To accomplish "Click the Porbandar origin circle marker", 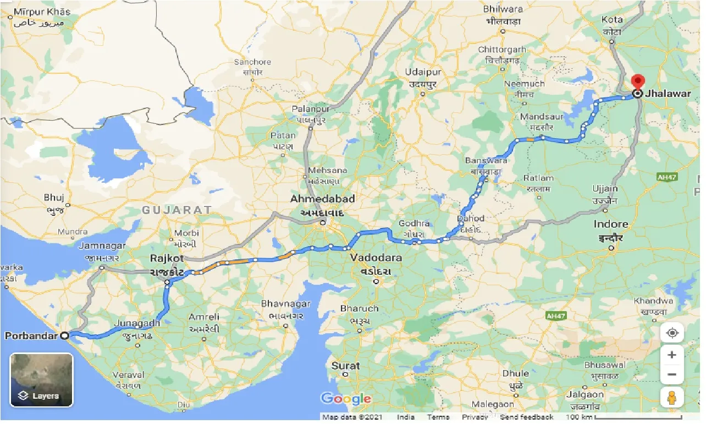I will click(65, 335).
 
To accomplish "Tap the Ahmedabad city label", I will click(323, 199).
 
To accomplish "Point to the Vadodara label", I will click(376, 258).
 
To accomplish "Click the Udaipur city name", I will click(423, 73).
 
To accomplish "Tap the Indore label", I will click(611, 224).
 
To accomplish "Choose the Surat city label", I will click(345, 366).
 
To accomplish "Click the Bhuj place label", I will click(54, 198).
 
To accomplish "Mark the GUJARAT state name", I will click(176, 210).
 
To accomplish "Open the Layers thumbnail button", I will click(41, 380).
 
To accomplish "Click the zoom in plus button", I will click(671, 355).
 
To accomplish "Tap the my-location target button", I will click(671, 333).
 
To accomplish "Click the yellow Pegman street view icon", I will click(671, 396).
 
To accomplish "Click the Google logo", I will click(346, 399).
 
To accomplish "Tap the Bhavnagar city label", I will click(285, 304).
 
